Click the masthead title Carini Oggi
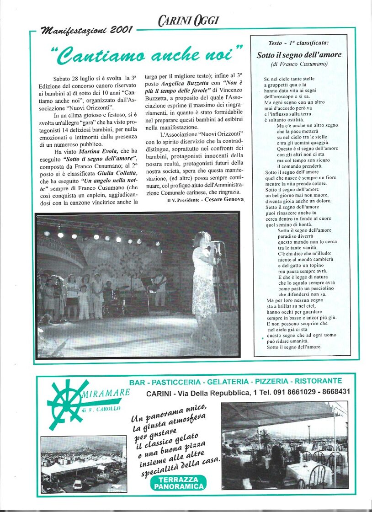click(188, 20)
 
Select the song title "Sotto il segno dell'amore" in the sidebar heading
click(299, 55)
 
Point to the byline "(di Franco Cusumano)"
click(299, 64)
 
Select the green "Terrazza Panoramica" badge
click(178, 483)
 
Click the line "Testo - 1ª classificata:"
click(299, 43)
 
